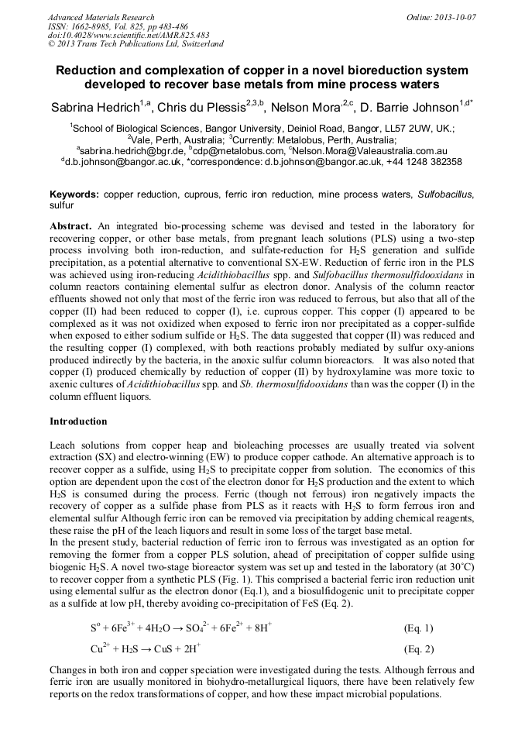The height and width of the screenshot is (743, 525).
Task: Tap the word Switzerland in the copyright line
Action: coord(197,45)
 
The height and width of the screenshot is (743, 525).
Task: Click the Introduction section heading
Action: coord(78,421)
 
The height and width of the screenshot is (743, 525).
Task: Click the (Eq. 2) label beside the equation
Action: coord(419,649)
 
